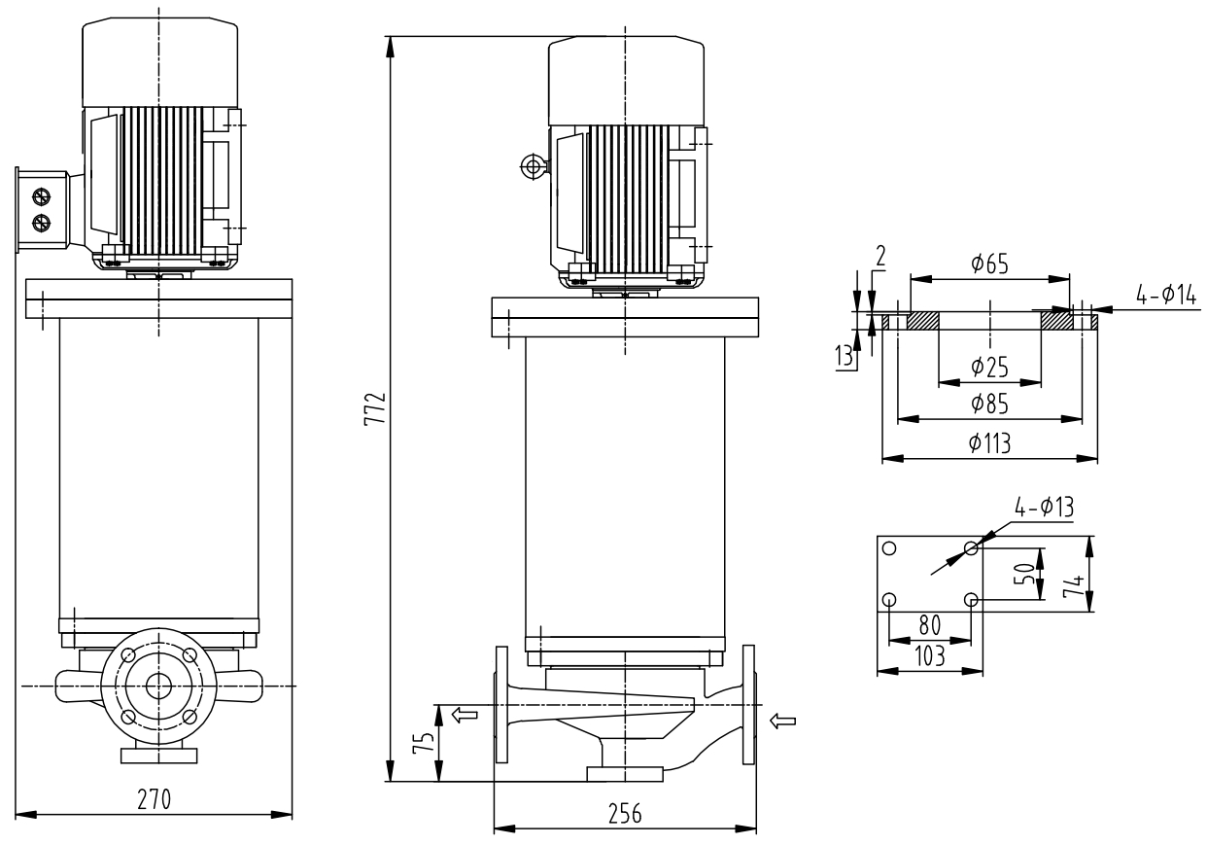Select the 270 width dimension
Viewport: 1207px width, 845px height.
tap(154, 799)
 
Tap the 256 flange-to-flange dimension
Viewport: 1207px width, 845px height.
tap(625, 815)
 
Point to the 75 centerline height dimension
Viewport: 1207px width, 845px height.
tap(421, 743)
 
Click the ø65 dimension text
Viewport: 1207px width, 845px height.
tap(989, 264)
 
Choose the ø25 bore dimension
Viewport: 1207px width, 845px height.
tap(989, 367)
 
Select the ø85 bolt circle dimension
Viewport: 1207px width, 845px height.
tap(989, 404)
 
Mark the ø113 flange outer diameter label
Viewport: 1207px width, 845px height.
tap(989, 443)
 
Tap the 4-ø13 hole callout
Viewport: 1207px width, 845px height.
tap(1044, 508)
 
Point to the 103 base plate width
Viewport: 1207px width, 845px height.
tap(930, 656)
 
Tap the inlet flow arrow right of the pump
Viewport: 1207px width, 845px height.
tap(783, 721)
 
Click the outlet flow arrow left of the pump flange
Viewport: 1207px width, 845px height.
tap(466, 716)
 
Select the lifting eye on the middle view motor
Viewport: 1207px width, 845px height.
tap(532, 167)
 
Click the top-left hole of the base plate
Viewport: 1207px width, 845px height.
tap(887, 547)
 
